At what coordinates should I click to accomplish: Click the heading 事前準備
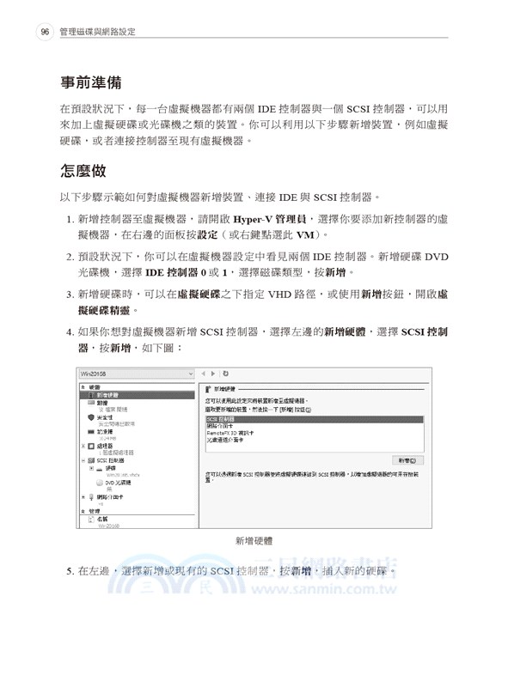point(90,83)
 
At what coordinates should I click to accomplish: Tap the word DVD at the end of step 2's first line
point(437,256)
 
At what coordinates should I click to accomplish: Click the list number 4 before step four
point(69,332)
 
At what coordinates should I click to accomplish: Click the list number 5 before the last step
point(69,570)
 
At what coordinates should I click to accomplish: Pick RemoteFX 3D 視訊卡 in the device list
point(234,433)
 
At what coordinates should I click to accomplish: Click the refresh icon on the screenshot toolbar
point(224,374)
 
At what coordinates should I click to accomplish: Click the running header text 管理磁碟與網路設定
point(99,32)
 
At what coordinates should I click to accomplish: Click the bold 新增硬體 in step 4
point(347,332)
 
